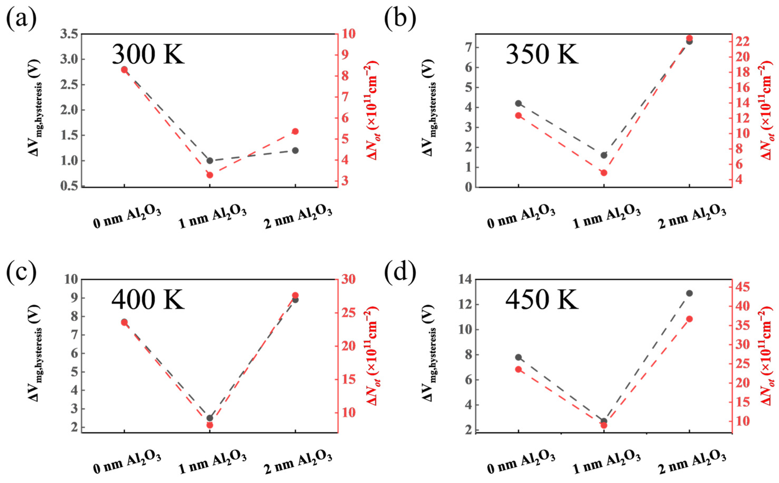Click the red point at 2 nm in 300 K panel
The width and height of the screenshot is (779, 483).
tap(295, 131)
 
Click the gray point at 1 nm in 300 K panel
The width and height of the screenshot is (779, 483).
tap(210, 160)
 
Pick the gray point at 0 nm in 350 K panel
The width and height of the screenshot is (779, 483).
tap(518, 103)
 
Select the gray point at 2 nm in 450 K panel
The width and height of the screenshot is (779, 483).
tap(689, 293)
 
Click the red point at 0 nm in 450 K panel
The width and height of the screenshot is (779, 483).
tap(518, 369)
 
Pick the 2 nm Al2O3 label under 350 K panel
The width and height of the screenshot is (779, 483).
tap(692, 219)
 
